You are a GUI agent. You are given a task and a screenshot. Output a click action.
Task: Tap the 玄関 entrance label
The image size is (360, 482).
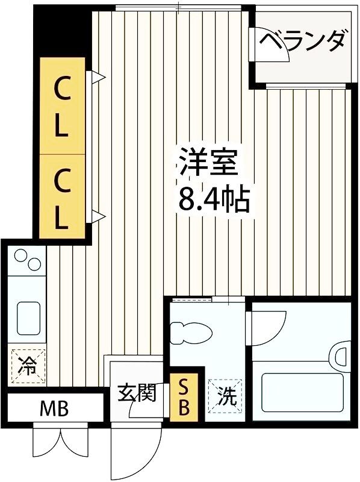click(x=136, y=393)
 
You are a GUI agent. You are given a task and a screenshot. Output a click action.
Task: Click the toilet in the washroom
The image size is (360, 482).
click(x=191, y=332)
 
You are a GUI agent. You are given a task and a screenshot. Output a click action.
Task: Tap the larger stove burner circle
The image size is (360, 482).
click(x=35, y=264)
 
